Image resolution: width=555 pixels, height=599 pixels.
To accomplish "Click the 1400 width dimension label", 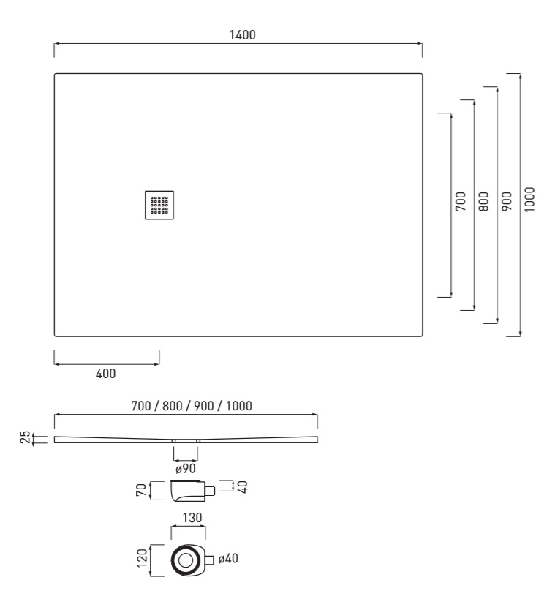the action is (242, 35).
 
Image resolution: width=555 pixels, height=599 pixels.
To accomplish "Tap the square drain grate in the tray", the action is (159, 205).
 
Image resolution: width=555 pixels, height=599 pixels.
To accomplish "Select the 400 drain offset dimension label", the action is (105, 374).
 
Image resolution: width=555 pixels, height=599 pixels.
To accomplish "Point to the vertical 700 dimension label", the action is (461, 201).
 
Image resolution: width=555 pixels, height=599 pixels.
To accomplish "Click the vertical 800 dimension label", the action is (483, 201).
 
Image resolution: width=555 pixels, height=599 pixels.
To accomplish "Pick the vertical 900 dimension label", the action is (507, 201).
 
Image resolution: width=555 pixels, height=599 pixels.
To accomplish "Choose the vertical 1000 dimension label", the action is (529, 200).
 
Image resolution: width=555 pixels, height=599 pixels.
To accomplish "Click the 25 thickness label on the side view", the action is (25, 437).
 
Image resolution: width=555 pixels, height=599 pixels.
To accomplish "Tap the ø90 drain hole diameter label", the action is (186, 468).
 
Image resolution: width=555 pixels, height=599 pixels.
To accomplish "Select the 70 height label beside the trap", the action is (141, 490).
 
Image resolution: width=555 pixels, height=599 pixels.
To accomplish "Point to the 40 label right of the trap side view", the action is (242, 486).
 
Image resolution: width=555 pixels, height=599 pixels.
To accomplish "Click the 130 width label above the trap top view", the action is (192, 518).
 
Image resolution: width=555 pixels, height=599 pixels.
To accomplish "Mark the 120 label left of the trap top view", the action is (142, 558).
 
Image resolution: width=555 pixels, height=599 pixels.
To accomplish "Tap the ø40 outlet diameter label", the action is (228, 559).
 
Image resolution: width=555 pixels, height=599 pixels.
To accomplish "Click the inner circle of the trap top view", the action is (186, 561).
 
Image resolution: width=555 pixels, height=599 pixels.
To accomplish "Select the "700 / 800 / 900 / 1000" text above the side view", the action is (192, 406).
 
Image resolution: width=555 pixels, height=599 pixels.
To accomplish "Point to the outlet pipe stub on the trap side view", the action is (210, 491).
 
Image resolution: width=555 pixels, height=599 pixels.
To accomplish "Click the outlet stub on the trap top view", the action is (209, 560).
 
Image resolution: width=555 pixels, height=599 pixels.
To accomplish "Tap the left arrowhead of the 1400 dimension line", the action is (56, 44).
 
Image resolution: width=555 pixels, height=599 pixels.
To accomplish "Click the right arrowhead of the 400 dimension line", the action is (156, 364).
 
